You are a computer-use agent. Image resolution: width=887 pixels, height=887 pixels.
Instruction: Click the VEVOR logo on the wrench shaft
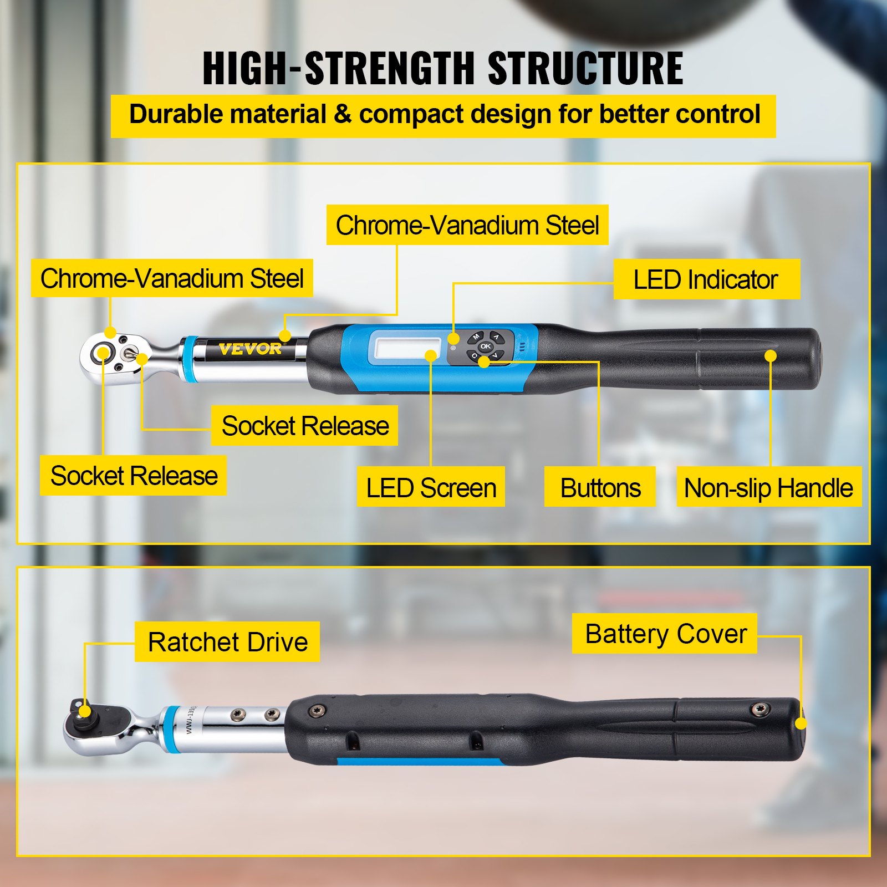click(x=250, y=349)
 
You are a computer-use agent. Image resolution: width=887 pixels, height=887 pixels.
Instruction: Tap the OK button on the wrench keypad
click(x=485, y=346)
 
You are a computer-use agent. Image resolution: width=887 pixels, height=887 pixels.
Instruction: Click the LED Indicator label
click(x=706, y=279)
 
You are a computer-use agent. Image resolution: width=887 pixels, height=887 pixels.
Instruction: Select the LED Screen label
click(x=431, y=488)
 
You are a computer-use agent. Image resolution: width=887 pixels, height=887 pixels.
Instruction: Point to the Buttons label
click(x=600, y=488)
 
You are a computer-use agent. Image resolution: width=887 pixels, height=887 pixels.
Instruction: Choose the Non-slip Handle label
click(x=768, y=488)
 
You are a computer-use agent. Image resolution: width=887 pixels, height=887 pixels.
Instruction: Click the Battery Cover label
click(x=665, y=634)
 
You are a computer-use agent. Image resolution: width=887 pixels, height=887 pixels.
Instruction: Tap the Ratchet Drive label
click(x=227, y=642)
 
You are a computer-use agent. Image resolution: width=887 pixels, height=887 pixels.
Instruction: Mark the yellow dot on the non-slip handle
click(x=770, y=356)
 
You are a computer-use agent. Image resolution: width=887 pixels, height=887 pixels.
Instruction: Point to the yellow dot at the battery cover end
click(x=801, y=723)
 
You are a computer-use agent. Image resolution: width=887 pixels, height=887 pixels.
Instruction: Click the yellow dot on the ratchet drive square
click(x=84, y=712)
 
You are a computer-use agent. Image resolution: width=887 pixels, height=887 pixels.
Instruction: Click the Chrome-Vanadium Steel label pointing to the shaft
click(x=467, y=225)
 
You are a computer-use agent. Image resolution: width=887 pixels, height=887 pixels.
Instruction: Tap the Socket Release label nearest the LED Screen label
click(x=304, y=426)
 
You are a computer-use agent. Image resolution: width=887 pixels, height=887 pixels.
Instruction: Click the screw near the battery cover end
click(x=759, y=708)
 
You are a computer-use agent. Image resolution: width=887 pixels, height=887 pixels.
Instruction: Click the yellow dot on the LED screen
click(x=431, y=356)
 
